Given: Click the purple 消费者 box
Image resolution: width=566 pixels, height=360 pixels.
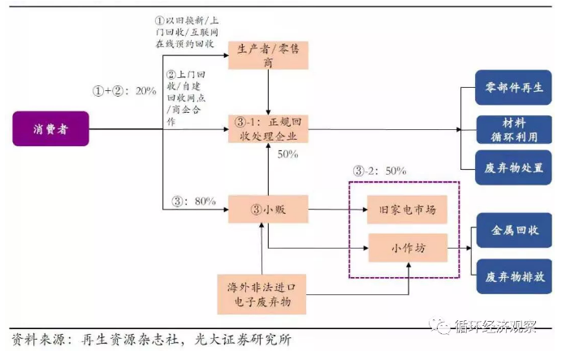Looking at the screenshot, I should coord(50,128).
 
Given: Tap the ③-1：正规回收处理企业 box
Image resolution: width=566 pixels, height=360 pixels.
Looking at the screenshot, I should coord(267,128).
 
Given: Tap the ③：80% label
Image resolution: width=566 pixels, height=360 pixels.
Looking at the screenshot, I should coord(193,200).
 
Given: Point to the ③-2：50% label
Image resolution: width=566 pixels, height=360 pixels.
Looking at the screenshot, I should coord(379,171).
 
